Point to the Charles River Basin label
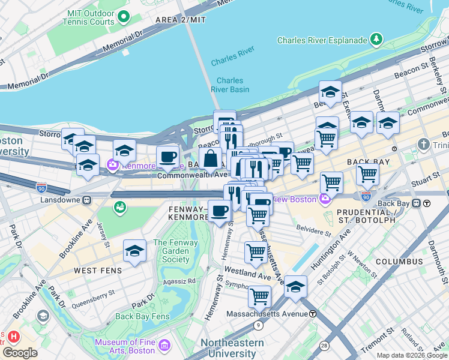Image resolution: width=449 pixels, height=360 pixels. (230, 85)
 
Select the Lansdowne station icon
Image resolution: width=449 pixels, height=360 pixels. (87, 199)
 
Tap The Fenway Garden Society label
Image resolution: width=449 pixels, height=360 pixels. (171, 251)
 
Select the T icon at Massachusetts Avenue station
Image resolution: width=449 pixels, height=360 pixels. (313, 313)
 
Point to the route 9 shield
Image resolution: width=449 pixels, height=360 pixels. (258, 325)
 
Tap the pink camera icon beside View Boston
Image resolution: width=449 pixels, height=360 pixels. (325, 199)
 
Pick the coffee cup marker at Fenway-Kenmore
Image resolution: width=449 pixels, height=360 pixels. (220, 211)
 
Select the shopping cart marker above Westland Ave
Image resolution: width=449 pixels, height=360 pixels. (256, 252)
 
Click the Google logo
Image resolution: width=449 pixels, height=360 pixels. (20, 352)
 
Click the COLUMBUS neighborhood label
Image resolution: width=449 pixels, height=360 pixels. (399, 262)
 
